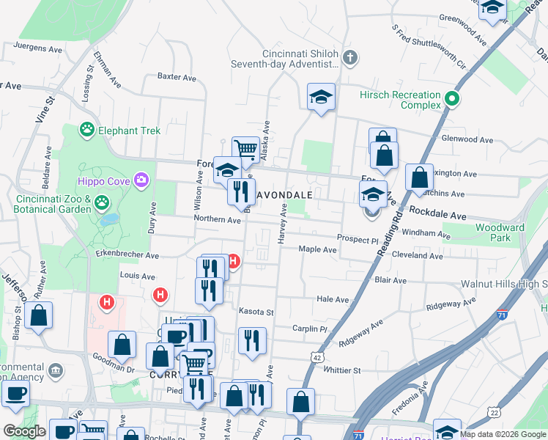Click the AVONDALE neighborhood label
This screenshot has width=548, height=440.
[284, 195]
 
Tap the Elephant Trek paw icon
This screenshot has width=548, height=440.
[87, 131]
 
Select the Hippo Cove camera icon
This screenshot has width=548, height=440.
[141, 180]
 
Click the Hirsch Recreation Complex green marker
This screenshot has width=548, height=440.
[453, 99]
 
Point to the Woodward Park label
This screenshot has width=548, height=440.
[500, 232]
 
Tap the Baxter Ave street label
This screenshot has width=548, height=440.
[177, 77]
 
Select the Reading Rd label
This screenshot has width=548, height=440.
[389, 234]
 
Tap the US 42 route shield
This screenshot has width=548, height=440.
[316, 356]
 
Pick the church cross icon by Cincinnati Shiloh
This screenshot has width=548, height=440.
[350, 57]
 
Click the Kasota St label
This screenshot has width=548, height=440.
[256, 312]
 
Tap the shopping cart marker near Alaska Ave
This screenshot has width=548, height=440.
[246, 149]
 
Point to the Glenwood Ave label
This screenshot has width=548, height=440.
[467, 139]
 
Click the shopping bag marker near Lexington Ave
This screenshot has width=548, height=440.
[418, 177]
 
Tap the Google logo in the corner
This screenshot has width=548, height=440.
[24, 431]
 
